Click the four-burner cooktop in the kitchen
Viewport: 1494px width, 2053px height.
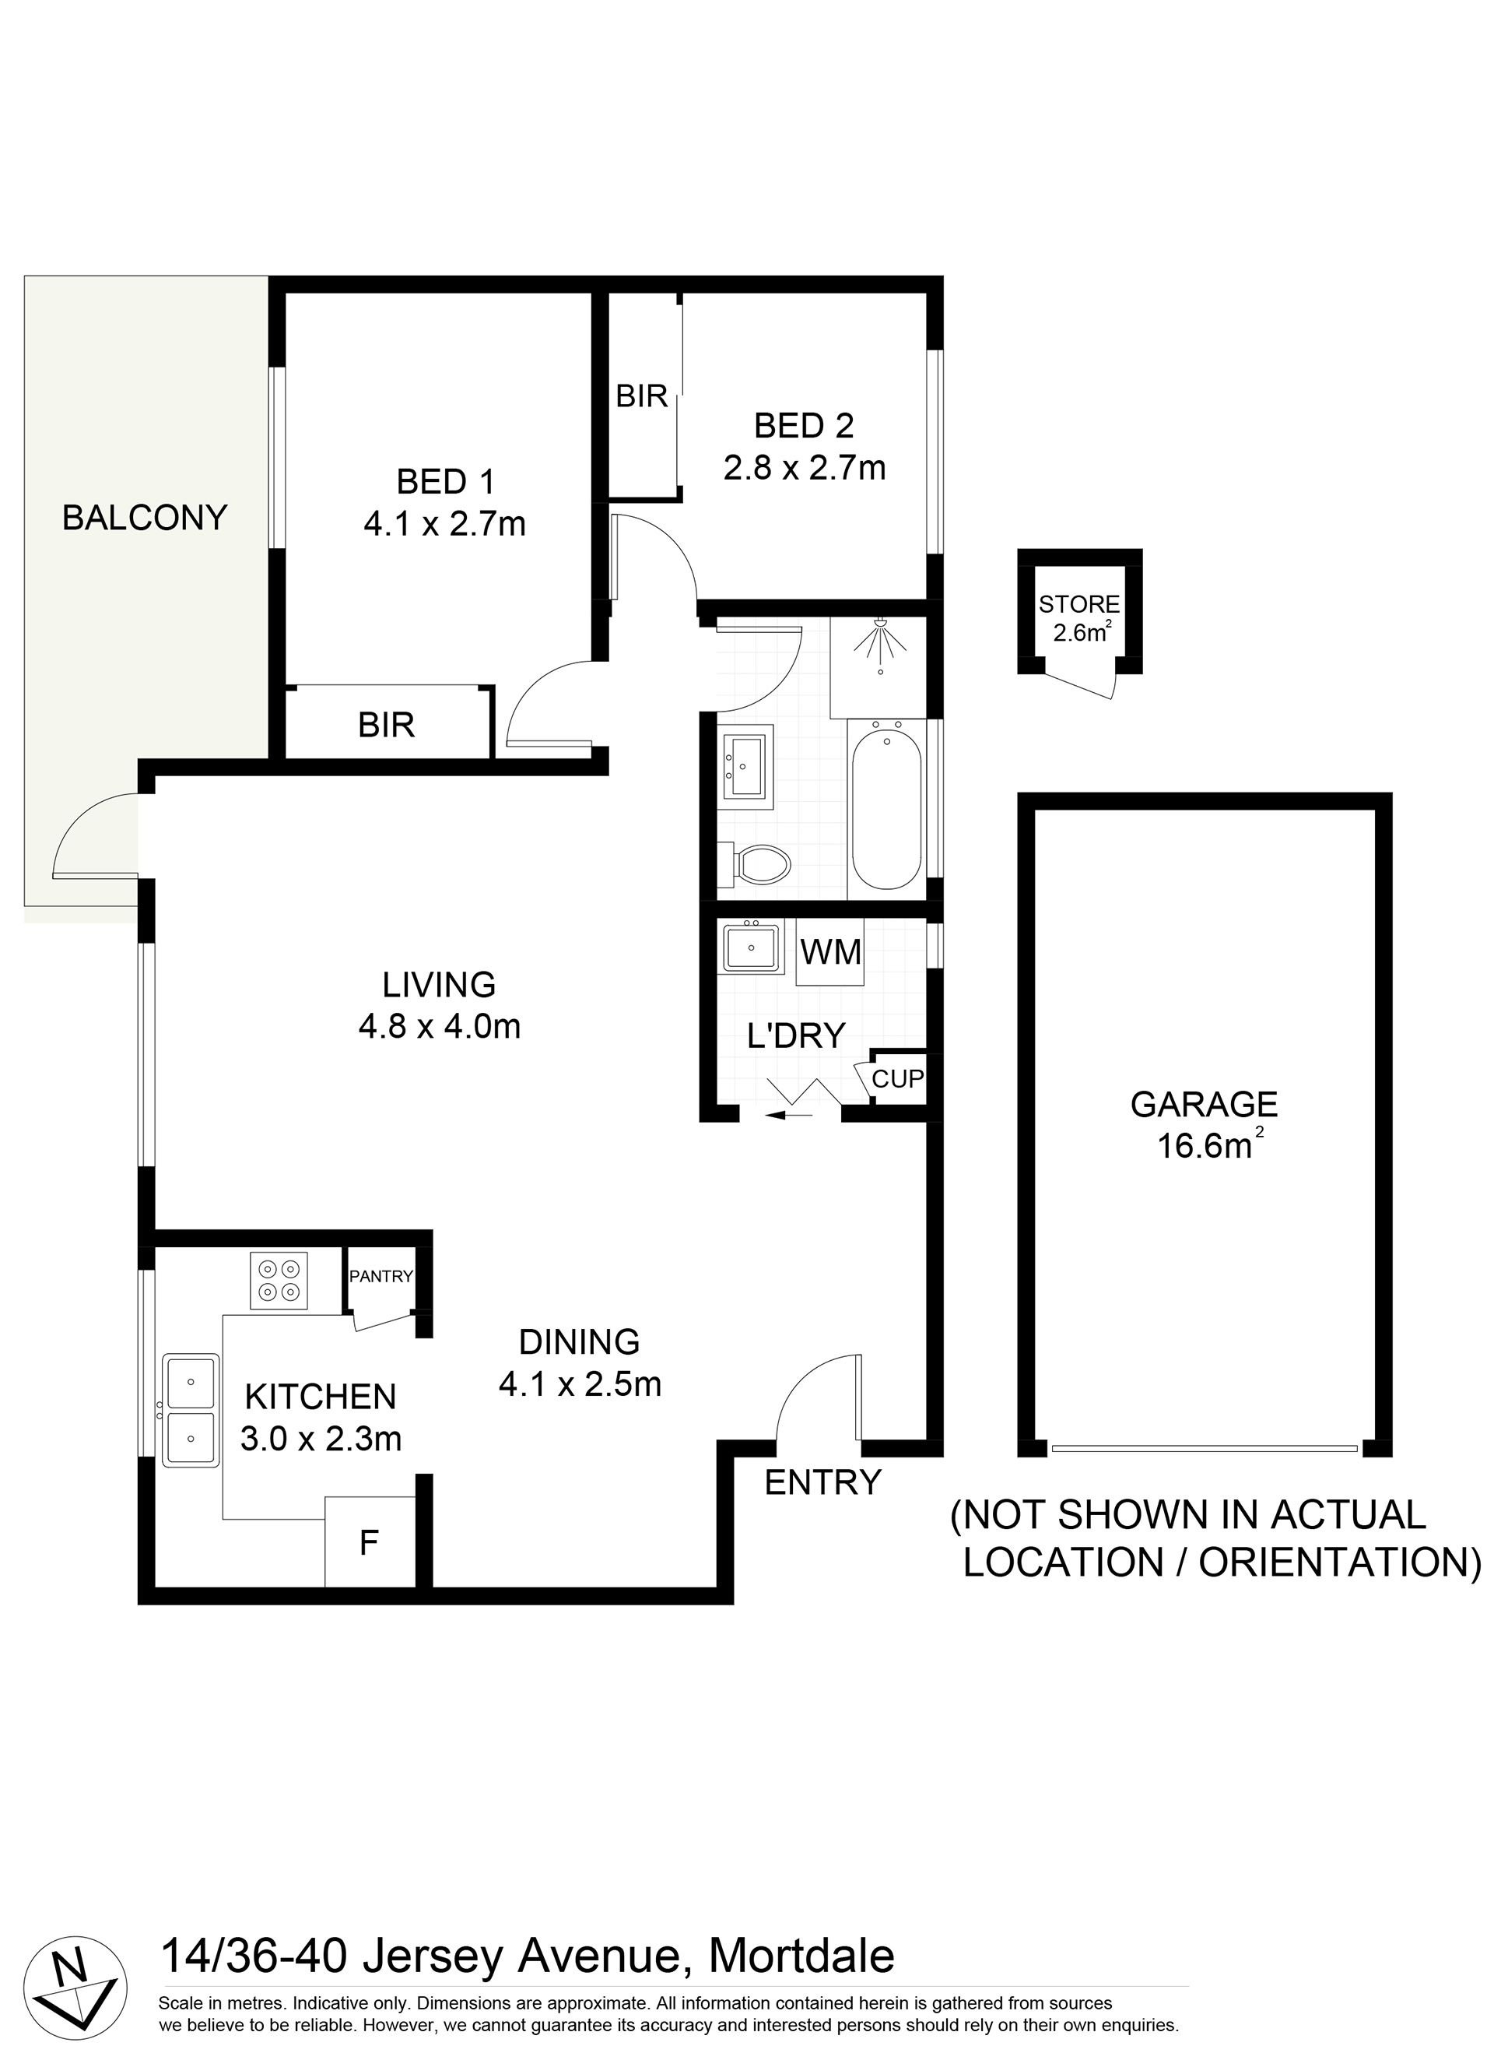279,1281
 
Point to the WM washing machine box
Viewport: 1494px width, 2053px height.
829,951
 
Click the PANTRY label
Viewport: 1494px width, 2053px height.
381,1276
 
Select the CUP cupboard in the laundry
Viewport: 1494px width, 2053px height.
898,1078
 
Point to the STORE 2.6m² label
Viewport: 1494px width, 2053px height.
1079,617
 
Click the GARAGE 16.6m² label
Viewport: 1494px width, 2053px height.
1205,1124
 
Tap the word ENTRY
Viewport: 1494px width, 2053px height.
822,1482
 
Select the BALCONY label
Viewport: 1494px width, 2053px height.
145,518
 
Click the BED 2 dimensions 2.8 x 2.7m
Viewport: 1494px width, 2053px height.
805,468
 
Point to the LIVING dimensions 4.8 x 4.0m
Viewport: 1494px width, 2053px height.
440,1026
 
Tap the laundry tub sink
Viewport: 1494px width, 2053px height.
752,947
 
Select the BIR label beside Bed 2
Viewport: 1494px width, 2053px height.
642,395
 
